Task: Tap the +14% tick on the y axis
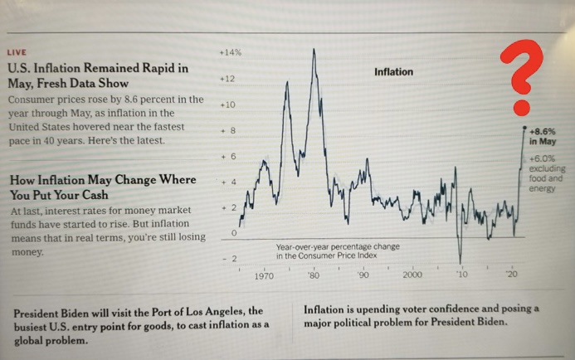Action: (x=230, y=52)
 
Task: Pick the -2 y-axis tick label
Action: (x=230, y=260)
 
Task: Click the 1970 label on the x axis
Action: (x=265, y=275)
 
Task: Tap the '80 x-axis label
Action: (x=313, y=275)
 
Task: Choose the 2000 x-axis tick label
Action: (x=412, y=275)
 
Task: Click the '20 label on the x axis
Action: (x=512, y=275)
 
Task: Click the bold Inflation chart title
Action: (x=393, y=72)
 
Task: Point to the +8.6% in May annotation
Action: (x=543, y=136)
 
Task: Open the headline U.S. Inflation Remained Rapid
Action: (x=97, y=75)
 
